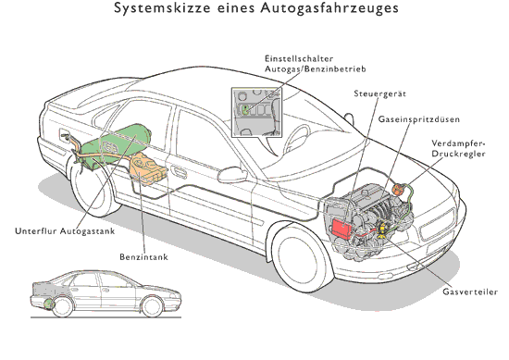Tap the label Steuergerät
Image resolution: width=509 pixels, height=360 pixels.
pos(379,93)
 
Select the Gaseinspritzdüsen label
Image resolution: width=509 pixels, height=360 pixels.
pos(418,119)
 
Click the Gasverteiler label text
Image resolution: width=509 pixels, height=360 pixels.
pos(470,292)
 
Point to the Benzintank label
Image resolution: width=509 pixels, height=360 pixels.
pos(143,256)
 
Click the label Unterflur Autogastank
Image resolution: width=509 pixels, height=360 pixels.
pos(65,230)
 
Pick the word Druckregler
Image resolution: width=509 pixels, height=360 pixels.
pos(458,154)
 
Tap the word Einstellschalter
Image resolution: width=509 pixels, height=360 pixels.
pos(299,58)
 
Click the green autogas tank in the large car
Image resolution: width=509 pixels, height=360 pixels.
pos(116,144)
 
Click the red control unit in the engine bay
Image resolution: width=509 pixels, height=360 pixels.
pos(341,228)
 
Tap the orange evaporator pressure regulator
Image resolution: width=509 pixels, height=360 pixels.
pos(398,189)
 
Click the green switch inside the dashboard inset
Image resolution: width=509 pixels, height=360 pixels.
pos(245,110)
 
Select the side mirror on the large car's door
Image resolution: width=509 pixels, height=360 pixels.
pos(232,174)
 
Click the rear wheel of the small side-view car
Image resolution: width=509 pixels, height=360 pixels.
pos(63,306)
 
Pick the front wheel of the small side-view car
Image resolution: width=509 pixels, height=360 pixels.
pos(152,306)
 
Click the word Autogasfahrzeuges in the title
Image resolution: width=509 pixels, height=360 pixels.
pos(329,8)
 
